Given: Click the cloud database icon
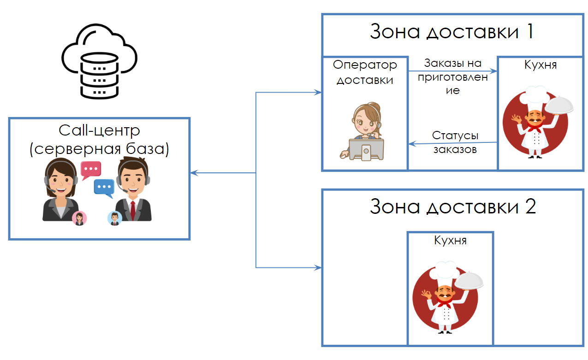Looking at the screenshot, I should [x=100, y=64].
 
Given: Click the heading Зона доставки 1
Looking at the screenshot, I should [x=451, y=32].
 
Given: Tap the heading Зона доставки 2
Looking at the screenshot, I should [x=452, y=206].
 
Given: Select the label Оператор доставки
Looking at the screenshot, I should [x=365, y=72].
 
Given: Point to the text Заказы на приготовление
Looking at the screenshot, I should [x=453, y=77].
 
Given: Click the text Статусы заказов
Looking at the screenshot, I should [x=455, y=142].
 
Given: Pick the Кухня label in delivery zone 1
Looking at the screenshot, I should [x=540, y=65].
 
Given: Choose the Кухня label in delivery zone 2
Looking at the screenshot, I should [x=450, y=240].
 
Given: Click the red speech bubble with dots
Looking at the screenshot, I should [x=90, y=169].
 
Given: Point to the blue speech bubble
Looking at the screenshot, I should [x=104, y=187].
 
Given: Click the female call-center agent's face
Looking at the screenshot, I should [x=60, y=177].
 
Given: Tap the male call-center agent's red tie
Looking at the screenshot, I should [x=133, y=210].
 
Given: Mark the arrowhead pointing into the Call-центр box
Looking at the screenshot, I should [x=194, y=173].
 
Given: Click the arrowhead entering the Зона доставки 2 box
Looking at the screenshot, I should [x=318, y=267].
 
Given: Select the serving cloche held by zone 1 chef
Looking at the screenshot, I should [x=560, y=106].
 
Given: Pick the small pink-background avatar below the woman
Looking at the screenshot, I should [x=79, y=218].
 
